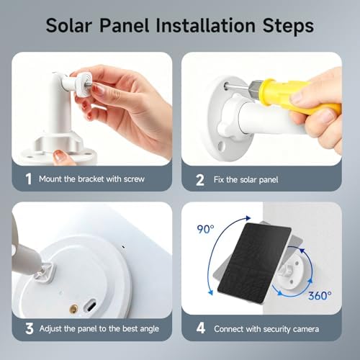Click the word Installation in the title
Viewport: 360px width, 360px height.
point(205,25)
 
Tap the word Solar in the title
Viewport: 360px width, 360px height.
point(69,25)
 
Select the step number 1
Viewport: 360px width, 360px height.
point(29,179)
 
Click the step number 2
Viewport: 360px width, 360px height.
point(200,180)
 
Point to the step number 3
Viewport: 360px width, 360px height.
point(30,328)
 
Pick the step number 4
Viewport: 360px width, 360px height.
point(201,328)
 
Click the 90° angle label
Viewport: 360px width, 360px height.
point(205,229)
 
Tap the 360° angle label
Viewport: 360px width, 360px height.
point(320,296)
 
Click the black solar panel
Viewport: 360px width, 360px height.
point(254,263)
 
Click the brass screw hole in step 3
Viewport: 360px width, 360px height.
point(73,309)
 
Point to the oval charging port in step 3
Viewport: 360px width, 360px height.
point(89,305)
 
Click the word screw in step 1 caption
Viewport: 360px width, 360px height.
point(134,179)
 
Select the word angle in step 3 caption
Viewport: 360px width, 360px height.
point(149,329)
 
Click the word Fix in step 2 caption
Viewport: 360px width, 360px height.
point(218,179)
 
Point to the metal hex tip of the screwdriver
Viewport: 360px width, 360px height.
point(254,89)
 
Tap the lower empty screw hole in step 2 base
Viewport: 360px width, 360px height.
point(221,145)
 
